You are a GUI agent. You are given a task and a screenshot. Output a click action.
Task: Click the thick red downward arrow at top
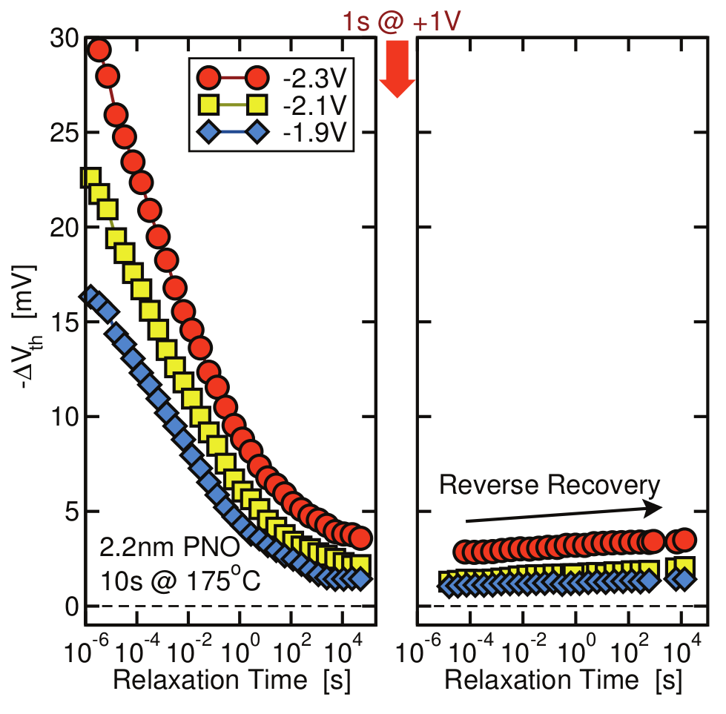coord(397,68)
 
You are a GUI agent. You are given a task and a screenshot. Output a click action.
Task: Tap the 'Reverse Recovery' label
coord(549,486)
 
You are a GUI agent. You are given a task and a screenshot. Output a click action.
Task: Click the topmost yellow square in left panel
coord(90,178)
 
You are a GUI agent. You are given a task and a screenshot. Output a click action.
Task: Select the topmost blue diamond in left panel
coord(90,296)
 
